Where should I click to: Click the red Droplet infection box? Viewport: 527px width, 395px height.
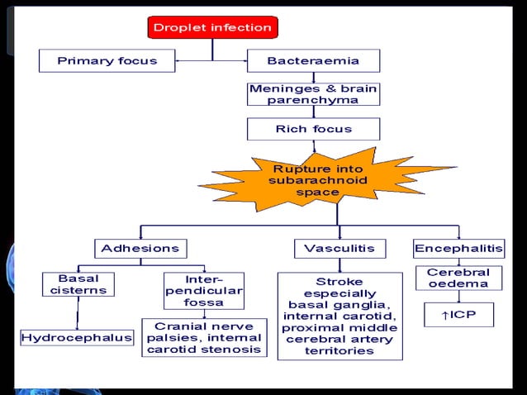[211, 28]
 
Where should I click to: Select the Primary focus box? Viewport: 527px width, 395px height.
[108, 60]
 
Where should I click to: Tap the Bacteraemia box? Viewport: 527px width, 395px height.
[313, 60]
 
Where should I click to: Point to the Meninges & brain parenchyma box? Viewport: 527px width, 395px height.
[313, 93]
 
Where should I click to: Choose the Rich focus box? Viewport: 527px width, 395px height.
[313, 129]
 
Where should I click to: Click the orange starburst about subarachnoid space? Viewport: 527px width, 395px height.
[318, 180]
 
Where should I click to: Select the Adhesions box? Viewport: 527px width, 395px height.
[140, 248]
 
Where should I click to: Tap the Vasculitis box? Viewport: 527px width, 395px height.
[339, 248]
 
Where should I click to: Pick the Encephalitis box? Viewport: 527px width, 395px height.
[458, 248]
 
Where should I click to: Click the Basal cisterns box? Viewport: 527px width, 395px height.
[78, 284]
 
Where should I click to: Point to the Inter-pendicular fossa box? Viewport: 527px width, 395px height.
[203, 290]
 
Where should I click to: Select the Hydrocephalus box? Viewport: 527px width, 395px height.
[77, 338]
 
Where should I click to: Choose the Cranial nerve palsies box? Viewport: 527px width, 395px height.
[203, 338]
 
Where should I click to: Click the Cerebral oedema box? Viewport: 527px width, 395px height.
[458, 278]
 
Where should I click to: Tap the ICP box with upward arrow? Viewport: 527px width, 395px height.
[458, 315]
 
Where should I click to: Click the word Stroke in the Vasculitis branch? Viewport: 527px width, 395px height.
[339, 282]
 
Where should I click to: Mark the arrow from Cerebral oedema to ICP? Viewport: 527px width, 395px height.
[458, 297]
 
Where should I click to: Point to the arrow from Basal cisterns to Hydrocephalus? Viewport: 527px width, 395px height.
[78, 313]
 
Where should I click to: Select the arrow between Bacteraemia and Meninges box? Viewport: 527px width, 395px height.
[313, 78]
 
